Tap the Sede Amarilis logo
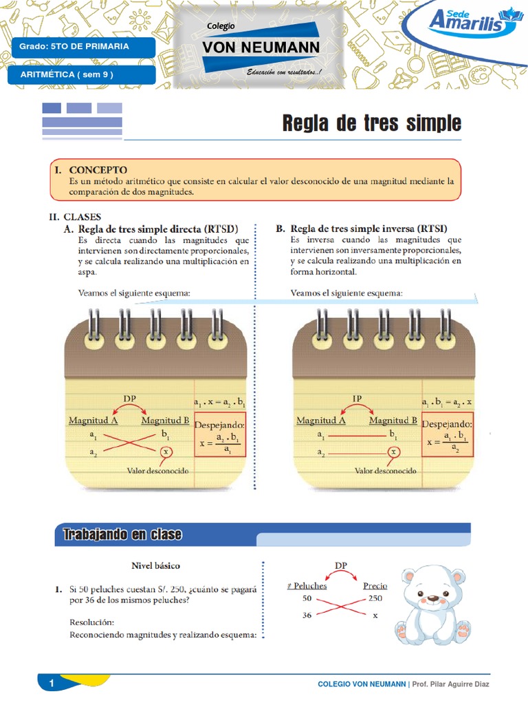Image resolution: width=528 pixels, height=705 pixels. tap(472, 23)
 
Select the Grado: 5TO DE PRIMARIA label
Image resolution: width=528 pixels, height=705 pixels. tap(74, 47)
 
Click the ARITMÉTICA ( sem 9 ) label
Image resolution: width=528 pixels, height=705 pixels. tap(67, 74)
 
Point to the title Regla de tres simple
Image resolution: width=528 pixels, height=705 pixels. tap(372, 123)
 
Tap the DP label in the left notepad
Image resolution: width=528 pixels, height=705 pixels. tap(130, 398)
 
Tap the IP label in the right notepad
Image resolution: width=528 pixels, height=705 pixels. tap(357, 398)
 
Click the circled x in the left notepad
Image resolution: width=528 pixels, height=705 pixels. tap(165, 452)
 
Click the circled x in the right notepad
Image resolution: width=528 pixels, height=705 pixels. tap(393, 452)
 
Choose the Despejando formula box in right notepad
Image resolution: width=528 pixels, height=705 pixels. tap(447, 436)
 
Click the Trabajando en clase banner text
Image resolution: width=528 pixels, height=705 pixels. tap(122, 535)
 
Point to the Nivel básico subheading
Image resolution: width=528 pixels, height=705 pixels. tap(155, 565)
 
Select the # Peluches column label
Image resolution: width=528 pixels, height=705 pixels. tap(307, 586)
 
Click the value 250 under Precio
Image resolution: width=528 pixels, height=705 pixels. tap(375, 598)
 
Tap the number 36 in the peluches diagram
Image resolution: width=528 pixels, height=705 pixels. tap(307, 615)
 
